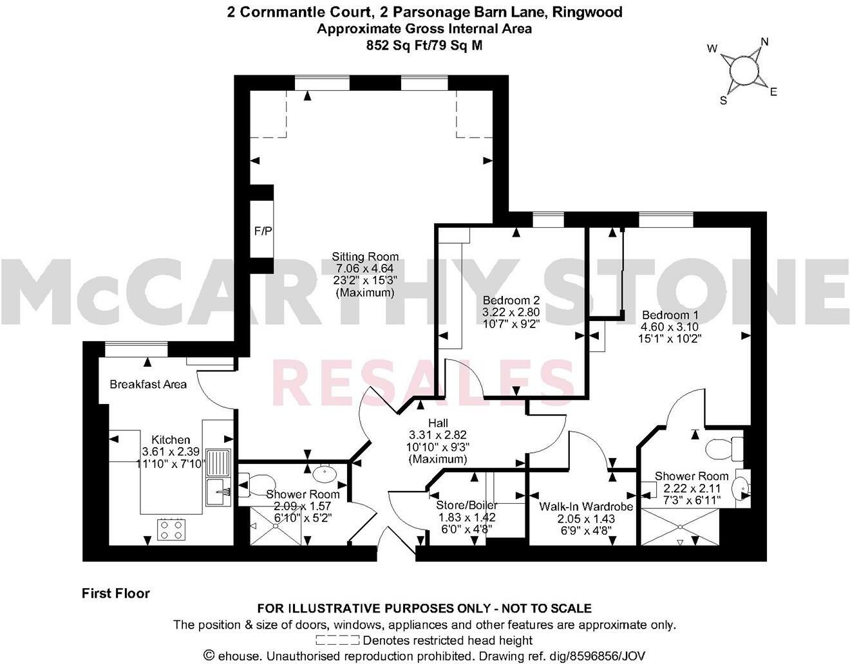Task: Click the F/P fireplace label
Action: (261, 230)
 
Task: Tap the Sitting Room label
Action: (364, 257)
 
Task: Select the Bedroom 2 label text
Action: (511, 300)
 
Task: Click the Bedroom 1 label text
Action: (670, 315)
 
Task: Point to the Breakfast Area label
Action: (148, 384)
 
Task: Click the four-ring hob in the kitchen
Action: (171, 530)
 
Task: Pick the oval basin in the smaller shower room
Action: (324, 476)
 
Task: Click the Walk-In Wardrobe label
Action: (586, 507)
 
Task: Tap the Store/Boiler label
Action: (467, 505)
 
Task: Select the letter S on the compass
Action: (723, 100)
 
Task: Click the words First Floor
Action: (115, 593)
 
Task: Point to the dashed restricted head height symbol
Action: (337, 640)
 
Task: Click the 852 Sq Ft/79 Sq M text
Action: (424, 45)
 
